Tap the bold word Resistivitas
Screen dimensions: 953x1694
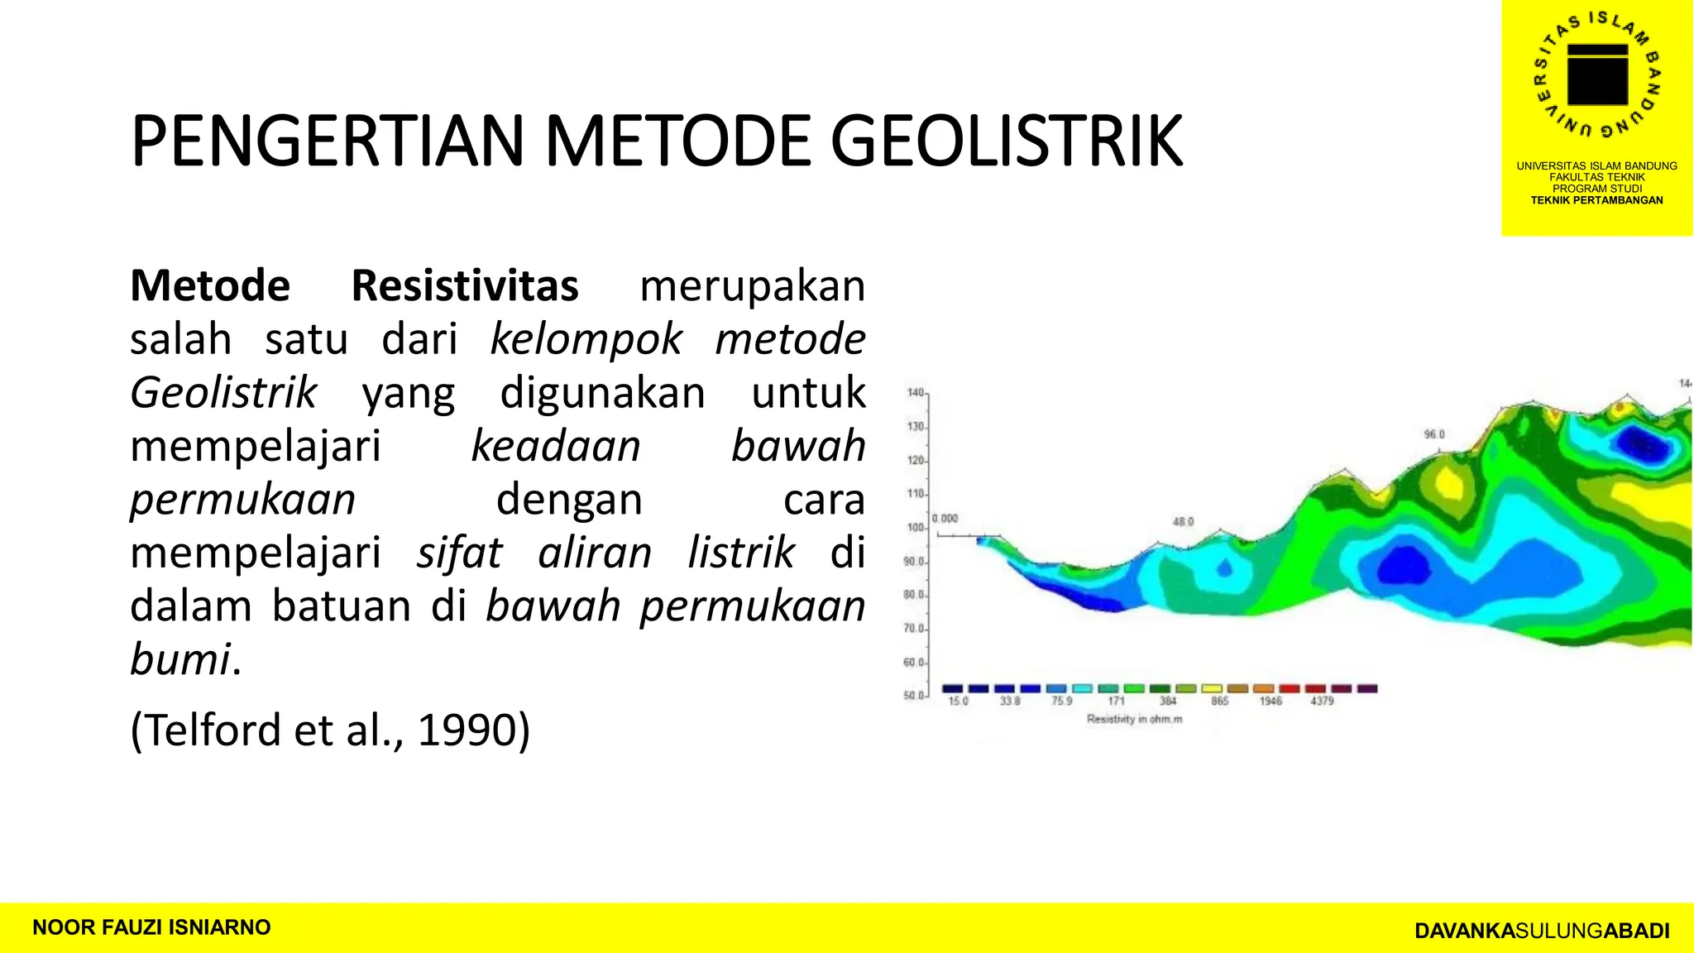pyautogui.click(x=465, y=286)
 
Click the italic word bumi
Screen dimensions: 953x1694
pyautogui.click(x=180, y=660)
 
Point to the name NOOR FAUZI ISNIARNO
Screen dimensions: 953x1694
pyautogui.click(x=151, y=927)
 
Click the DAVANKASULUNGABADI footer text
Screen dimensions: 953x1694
pyautogui.click(x=1542, y=931)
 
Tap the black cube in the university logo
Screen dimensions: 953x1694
pyautogui.click(x=1597, y=74)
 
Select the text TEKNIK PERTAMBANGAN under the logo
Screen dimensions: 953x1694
pyautogui.click(x=1596, y=200)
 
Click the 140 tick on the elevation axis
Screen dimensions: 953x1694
pyautogui.click(x=915, y=392)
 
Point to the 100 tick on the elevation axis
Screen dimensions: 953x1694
pyautogui.click(x=915, y=527)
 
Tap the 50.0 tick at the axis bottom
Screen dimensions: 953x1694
pyautogui.click(x=913, y=696)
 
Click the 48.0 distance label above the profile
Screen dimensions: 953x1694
pyautogui.click(x=1183, y=522)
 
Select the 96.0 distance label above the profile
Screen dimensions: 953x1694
pyautogui.click(x=1433, y=434)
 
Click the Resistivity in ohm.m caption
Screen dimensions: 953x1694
pyautogui.click(x=1134, y=719)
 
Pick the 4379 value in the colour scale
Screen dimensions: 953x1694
pyautogui.click(x=1322, y=701)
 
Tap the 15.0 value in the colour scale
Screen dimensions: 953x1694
pyautogui.click(x=958, y=701)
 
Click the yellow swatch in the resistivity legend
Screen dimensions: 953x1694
pyautogui.click(x=1212, y=688)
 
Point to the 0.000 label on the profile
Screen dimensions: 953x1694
pyautogui.click(x=945, y=519)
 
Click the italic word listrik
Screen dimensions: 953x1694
pyautogui.click(x=741, y=553)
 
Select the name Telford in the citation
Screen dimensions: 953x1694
pyautogui.click(x=216, y=730)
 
